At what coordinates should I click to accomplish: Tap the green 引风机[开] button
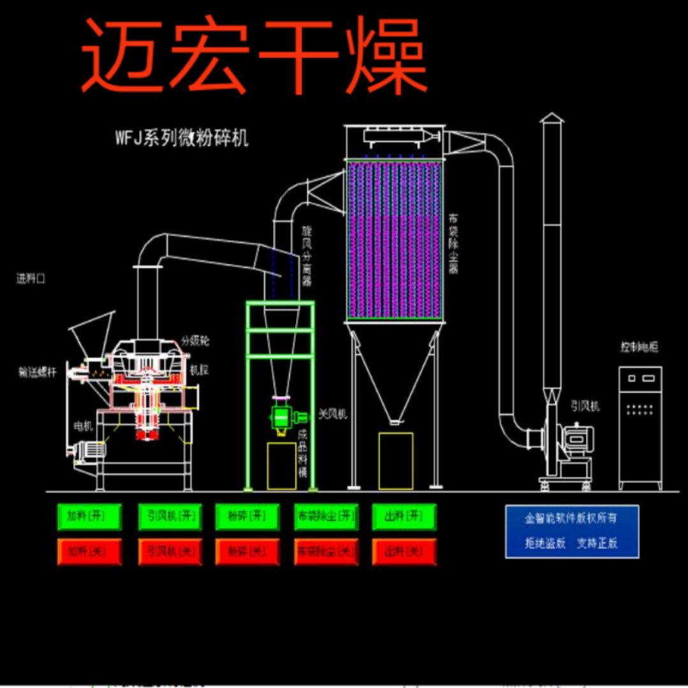click(169, 517)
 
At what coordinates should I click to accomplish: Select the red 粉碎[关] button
click(247, 552)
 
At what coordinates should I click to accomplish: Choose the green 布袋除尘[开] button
click(326, 517)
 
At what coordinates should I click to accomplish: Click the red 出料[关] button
click(405, 552)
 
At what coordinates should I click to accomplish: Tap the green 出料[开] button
click(405, 517)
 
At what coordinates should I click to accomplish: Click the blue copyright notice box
click(571, 531)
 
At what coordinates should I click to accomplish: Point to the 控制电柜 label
click(639, 347)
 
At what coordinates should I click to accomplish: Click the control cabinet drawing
click(640, 427)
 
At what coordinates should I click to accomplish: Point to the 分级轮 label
click(195, 340)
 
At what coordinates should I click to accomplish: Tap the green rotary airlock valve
click(281, 417)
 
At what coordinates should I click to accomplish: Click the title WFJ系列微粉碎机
click(182, 138)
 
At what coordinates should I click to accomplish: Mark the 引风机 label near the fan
click(585, 406)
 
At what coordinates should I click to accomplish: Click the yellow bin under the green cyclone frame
click(282, 466)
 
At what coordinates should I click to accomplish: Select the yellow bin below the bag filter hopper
click(396, 461)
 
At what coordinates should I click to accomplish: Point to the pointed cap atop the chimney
click(552, 118)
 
